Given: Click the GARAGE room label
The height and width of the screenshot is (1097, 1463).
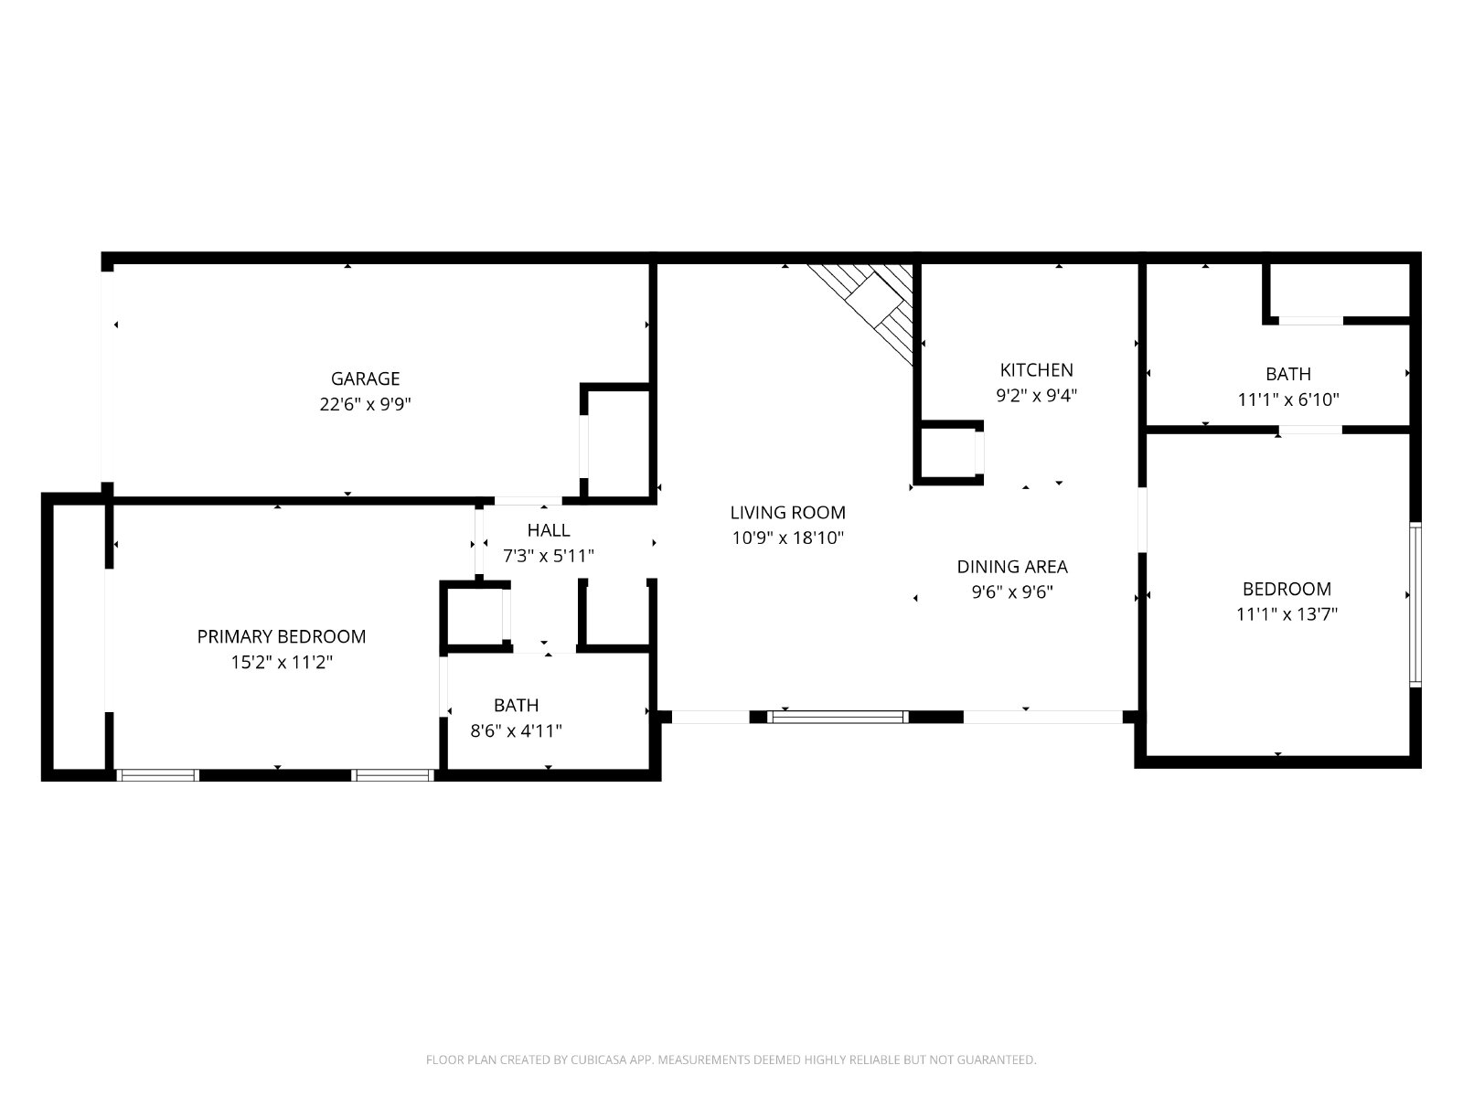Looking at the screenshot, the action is click(365, 379).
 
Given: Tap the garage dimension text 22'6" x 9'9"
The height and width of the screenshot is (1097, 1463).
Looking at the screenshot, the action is click(365, 404).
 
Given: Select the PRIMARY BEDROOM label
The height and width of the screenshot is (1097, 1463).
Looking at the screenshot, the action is click(282, 637).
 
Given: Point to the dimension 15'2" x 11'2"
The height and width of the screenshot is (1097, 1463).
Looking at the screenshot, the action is click(282, 662).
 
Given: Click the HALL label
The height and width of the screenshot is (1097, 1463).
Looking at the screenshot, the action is click(549, 530).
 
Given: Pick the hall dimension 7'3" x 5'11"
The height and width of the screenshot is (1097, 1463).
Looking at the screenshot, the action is click(549, 556).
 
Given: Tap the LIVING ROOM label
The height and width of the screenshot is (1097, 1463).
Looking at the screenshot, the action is click(788, 512).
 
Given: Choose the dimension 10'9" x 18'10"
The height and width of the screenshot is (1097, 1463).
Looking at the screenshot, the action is click(788, 538).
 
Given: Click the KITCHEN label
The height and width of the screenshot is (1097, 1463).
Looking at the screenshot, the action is click(1036, 369).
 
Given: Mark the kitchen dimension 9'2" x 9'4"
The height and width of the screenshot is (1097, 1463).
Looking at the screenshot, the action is click(1036, 396).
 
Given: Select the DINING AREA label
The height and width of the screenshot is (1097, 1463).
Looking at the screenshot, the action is click(1012, 567).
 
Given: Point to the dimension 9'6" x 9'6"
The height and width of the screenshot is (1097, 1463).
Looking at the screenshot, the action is click(1012, 592).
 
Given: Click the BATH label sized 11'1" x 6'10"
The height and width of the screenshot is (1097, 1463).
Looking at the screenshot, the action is click(1288, 374).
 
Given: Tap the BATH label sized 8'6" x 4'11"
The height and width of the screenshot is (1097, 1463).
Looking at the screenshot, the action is click(517, 705).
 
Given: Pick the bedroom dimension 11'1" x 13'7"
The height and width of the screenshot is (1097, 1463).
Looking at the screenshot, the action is click(1287, 614).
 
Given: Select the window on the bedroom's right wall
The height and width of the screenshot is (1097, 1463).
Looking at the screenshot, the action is click(1415, 605).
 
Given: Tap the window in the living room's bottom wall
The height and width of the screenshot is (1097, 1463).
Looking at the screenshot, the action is click(838, 717).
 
